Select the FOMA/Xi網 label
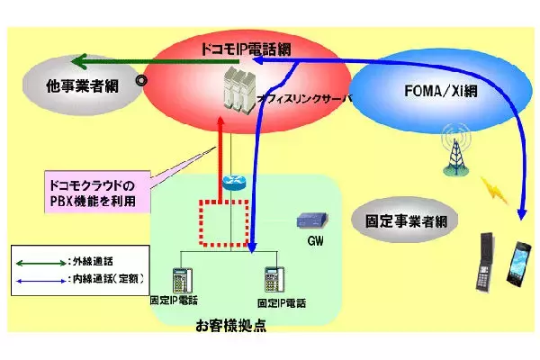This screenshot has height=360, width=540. pyautogui.click(x=422, y=91)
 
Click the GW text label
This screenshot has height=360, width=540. pyautogui.click(x=314, y=241)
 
